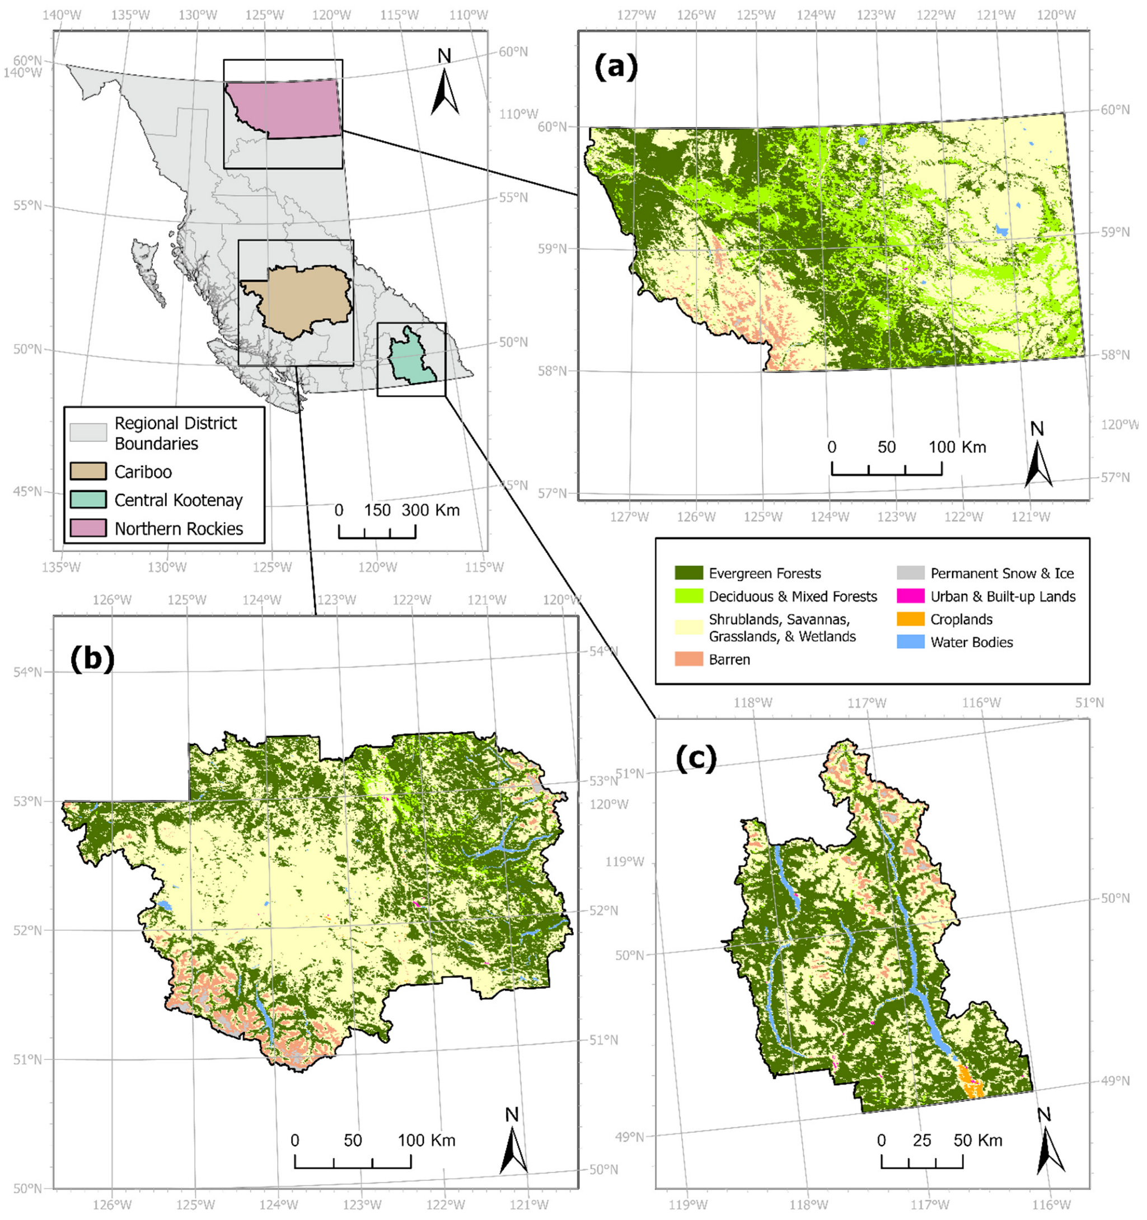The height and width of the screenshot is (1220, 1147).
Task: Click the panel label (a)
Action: pos(615,68)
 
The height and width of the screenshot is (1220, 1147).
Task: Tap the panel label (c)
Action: pos(696,759)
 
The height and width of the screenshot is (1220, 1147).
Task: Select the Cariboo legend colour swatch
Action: pos(88,472)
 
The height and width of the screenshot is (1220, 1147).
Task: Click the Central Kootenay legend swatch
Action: pos(88,500)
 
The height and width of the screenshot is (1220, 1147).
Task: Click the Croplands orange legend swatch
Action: pos(910,619)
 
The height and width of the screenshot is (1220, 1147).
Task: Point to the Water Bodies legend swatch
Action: pos(910,643)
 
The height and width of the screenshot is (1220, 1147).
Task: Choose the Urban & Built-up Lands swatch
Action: pos(910,596)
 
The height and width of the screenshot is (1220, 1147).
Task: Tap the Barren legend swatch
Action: pos(689,659)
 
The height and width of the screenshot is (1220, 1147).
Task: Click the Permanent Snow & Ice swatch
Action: pos(910,573)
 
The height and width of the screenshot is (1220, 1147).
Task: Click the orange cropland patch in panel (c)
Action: pos(971,1086)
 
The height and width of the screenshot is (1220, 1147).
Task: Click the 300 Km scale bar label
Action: pos(430,510)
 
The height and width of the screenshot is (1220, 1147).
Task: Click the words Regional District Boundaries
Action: pos(175,434)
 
